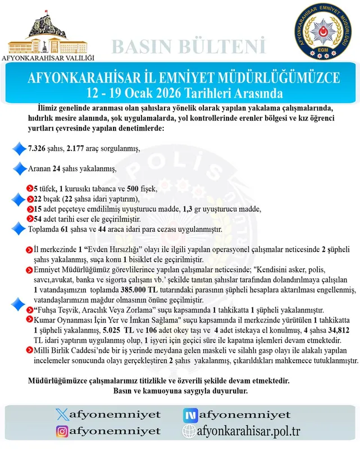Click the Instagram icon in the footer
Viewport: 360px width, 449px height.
coord(63,431)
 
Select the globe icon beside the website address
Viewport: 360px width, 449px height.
coord(190,431)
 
